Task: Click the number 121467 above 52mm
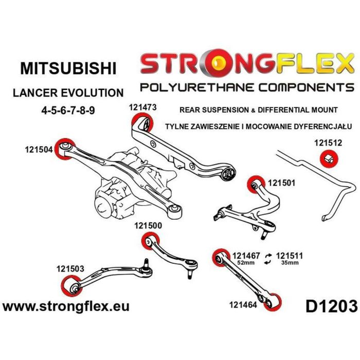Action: click(246, 255)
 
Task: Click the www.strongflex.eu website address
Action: click(66, 307)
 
